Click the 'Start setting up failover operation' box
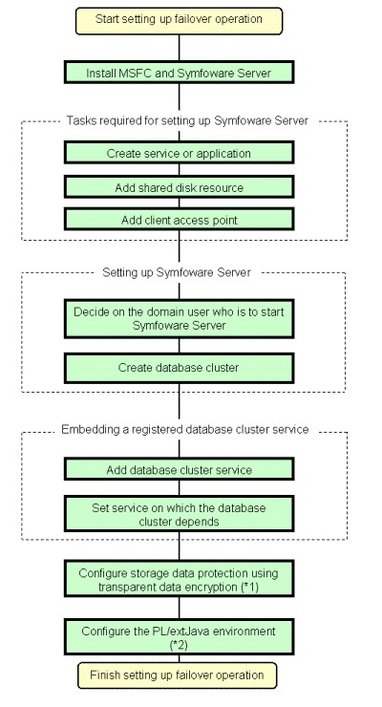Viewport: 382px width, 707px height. pyautogui.click(x=179, y=21)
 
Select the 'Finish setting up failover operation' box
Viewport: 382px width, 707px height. pyautogui.click(x=177, y=675)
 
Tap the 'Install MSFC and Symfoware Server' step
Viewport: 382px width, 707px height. pyautogui.click(x=179, y=73)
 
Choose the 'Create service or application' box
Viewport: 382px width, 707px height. pyautogui.click(x=179, y=153)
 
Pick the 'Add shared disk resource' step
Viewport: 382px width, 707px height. pyautogui.click(x=179, y=187)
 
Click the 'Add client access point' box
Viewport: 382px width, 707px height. pyautogui.click(x=179, y=220)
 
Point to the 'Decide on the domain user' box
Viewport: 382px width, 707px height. pyautogui.click(x=179, y=318)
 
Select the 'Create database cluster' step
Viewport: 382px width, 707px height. pyautogui.click(x=179, y=368)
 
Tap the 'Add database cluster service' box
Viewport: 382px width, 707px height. pyautogui.click(x=179, y=469)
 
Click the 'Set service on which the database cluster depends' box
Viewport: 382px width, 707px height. pyautogui.click(x=179, y=514)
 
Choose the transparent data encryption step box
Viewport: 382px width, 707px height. pyautogui.click(x=179, y=579)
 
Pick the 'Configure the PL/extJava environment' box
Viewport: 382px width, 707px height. pyautogui.click(x=179, y=637)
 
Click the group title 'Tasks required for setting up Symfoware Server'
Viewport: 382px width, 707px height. pyautogui.click(x=187, y=120)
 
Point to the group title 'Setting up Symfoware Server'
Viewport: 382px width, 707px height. pyautogui.click(x=177, y=272)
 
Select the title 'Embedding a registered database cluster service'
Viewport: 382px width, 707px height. pyautogui.click(x=185, y=429)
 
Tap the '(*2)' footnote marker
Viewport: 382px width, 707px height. pyautogui.click(x=179, y=645)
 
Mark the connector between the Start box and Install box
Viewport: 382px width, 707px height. pyautogui.click(x=179, y=48)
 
